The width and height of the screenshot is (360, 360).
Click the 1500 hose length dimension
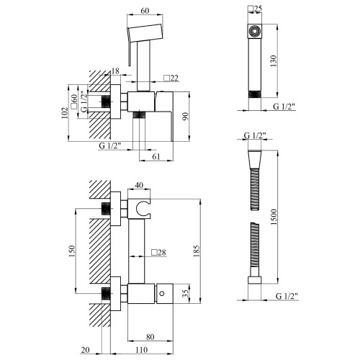pos(274,217)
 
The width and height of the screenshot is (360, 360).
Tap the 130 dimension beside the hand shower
pos(274,61)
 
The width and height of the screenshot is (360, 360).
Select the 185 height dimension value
pos(197,251)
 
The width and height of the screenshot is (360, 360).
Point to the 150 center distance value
pos(72,251)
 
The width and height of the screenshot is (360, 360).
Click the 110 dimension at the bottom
pos(142,350)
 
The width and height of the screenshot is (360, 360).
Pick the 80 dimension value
pos(150,337)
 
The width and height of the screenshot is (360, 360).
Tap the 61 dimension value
pos(156,156)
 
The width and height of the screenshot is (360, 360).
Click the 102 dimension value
pos(65,113)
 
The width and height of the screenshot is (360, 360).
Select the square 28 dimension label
pos(158,252)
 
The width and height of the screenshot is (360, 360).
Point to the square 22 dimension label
pos(171,78)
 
